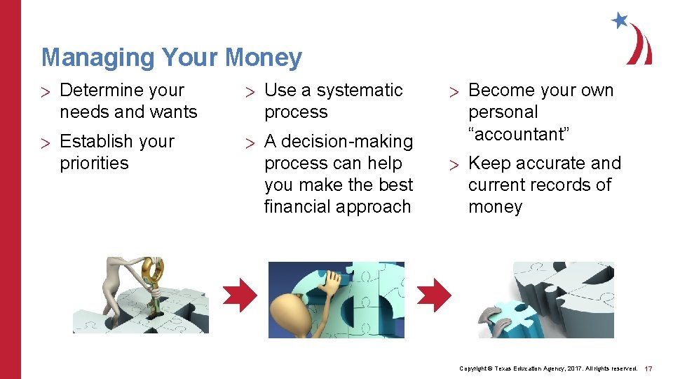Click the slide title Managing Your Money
click(172, 58)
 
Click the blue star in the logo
click(620, 20)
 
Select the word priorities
click(94, 164)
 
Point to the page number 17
click(648, 368)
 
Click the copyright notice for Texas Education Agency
click(548, 368)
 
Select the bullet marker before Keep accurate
click(454, 164)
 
